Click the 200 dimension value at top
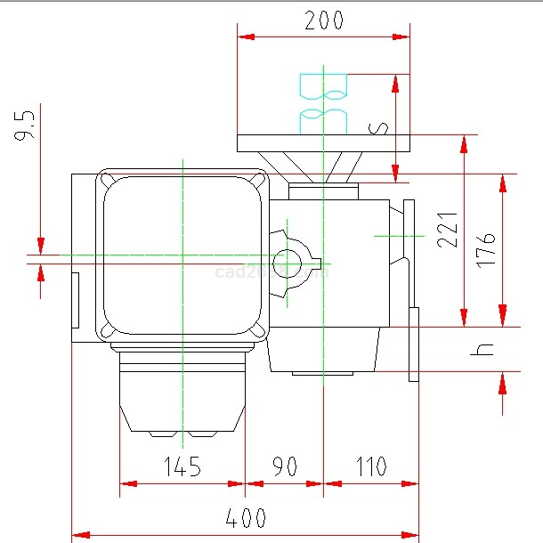(323, 20)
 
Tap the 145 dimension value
(182, 466)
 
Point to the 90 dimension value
(284, 466)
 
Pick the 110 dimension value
(370, 466)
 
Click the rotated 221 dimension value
(448, 230)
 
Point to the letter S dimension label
(380, 127)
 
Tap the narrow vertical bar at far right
(414, 344)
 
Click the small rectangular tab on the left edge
(75, 299)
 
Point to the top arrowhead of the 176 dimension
(503, 182)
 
